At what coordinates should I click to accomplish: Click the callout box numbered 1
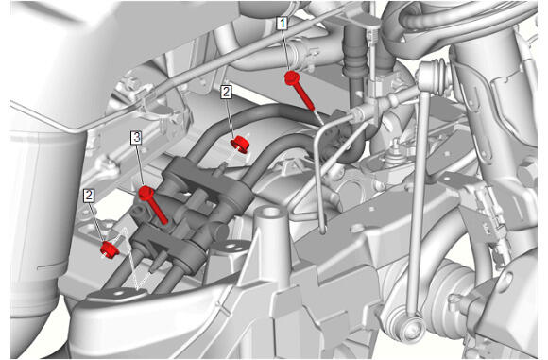point(283,24)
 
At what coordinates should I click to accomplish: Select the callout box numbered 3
point(136,137)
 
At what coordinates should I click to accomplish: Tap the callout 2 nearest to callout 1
point(226,93)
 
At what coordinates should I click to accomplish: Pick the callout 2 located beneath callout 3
point(89,196)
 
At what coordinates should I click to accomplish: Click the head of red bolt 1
point(291,77)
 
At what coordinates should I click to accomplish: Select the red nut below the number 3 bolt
point(110,249)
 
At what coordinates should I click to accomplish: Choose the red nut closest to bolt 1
point(240,145)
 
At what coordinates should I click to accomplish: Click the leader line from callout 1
point(286,51)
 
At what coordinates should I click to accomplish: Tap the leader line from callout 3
point(141,165)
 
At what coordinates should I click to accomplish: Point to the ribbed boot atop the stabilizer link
point(436,78)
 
